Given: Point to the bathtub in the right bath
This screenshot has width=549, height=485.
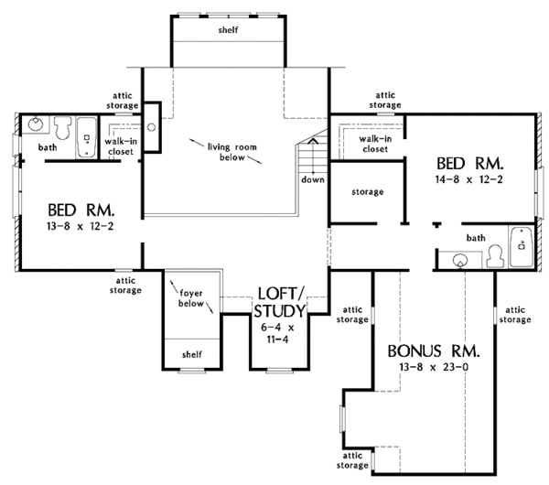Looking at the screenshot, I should tap(521, 245).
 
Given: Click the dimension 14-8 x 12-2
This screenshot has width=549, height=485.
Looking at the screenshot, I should tap(470, 179).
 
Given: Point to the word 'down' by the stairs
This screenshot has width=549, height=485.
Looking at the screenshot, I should tap(312, 179).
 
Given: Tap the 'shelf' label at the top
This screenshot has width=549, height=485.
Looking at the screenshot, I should tap(228, 29).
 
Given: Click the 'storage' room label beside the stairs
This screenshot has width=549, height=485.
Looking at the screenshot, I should tap(367, 192).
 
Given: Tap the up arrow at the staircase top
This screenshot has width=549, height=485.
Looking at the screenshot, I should tap(312, 141).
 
